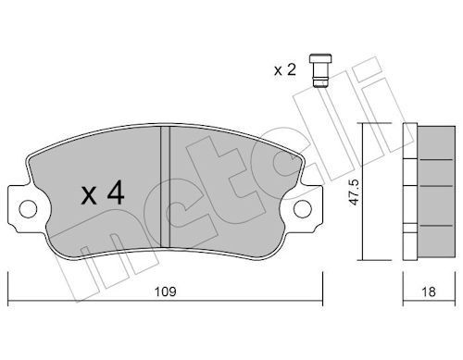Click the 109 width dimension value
pyautogui.click(x=165, y=292)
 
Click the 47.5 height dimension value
pyautogui.click(x=354, y=192)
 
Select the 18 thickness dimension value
pyautogui.click(x=429, y=292)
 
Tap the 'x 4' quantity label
pyautogui.click(x=103, y=192)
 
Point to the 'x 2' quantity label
pyautogui.click(x=285, y=69)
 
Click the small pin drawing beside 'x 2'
pyautogui.click(x=320, y=70)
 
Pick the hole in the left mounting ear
pyautogui.click(x=28, y=209)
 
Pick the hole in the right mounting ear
pyautogui.click(x=303, y=209)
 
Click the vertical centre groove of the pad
pyautogui.click(x=165, y=187)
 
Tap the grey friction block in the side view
pyautogui.click(x=436, y=192)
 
